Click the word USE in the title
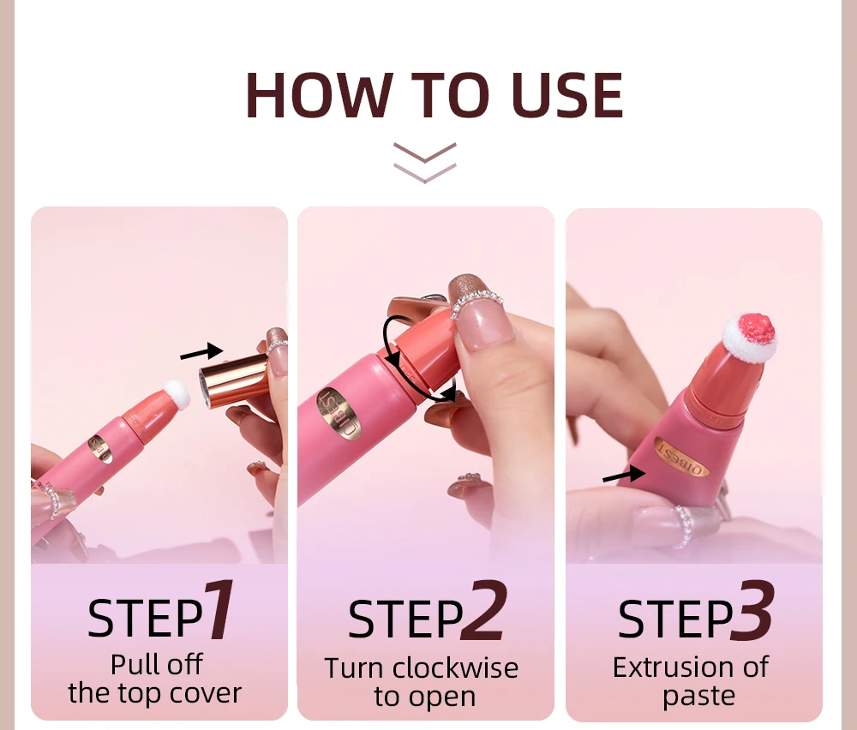[x=567, y=95]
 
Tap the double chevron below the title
[x=425, y=162]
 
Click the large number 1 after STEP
[x=219, y=611]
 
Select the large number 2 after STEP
[x=482, y=611]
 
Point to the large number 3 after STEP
[x=752, y=611]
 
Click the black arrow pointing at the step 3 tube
[x=623, y=474]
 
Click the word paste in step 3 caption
[x=698, y=695]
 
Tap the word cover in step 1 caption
[x=206, y=692]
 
